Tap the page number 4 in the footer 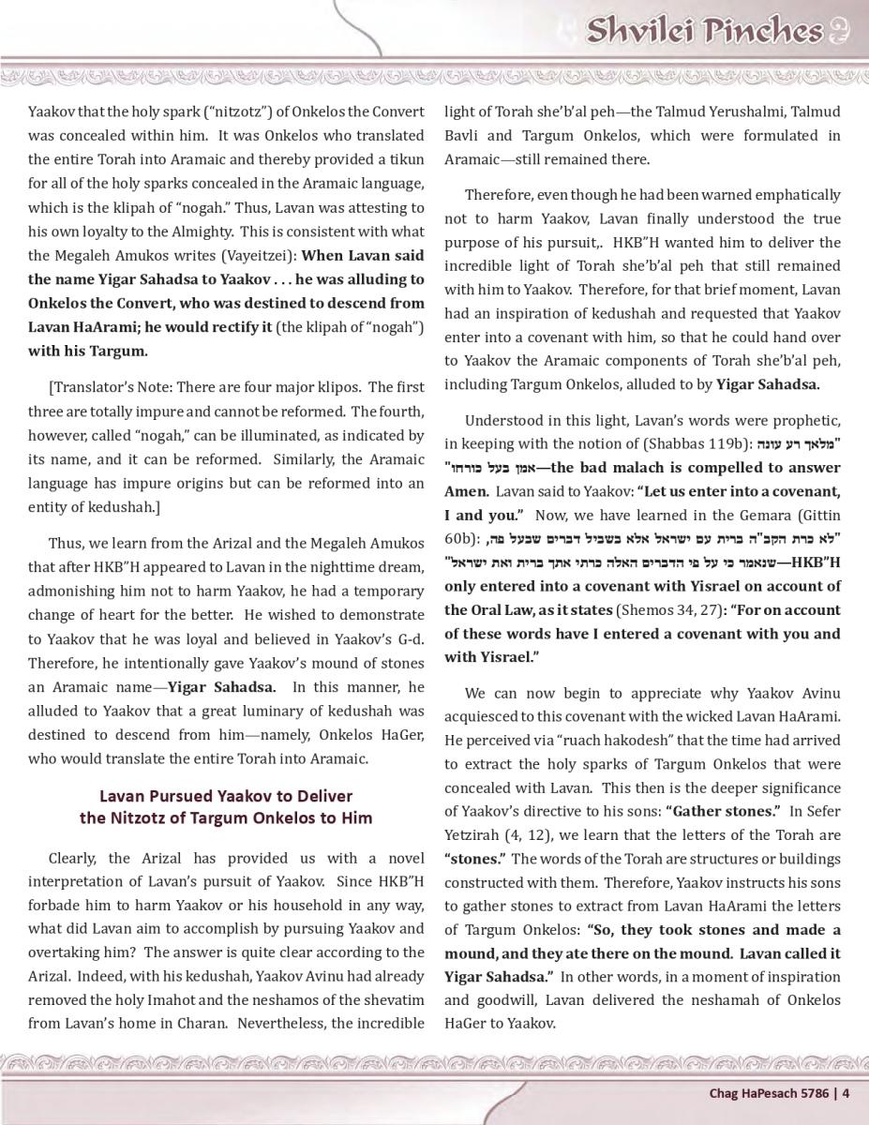point(846,1091)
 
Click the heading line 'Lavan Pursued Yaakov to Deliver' point(226,796)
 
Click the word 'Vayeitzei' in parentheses point(264,255)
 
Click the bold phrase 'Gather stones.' point(723,811)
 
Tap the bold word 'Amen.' point(467,491)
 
